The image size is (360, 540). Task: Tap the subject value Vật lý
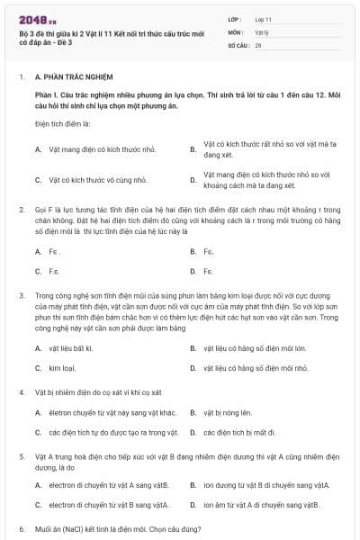click(x=262, y=31)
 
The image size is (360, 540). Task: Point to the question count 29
click(x=258, y=44)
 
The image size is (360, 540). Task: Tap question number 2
click(x=21, y=209)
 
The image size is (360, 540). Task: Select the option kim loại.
click(x=62, y=368)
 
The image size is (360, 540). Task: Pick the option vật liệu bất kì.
click(x=71, y=347)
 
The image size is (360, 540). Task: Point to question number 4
click(x=21, y=393)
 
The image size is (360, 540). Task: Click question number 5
click(x=21, y=457)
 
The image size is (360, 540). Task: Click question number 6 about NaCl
click(x=21, y=529)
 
